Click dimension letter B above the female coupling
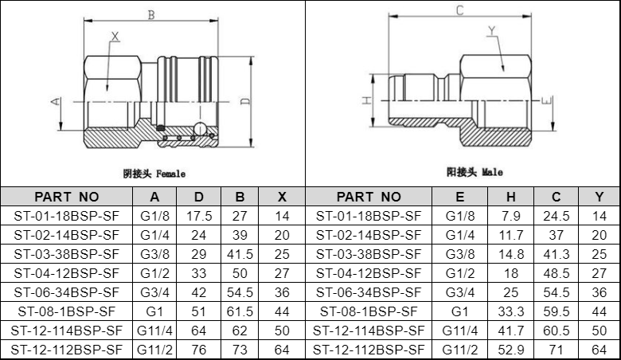coord(151,15)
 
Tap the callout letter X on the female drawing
coord(115,37)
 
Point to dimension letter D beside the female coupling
coord(245,101)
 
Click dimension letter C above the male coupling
coord(459,10)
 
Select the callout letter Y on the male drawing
coord(492,30)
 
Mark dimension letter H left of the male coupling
coord(367,100)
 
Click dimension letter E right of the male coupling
coord(546,101)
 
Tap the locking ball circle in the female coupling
coord(200,128)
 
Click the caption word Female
coord(170,174)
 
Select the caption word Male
coord(492,172)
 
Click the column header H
coord(511,197)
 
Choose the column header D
coord(199,197)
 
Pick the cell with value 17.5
coord(199,216)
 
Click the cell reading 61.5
coord(240,311)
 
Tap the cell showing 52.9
coord(511,350)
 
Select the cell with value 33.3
coord(511,311)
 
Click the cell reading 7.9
coord(511,216)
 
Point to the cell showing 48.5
coord(556,273)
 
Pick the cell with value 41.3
coord(556,254)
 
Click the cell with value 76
coord(199,350)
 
